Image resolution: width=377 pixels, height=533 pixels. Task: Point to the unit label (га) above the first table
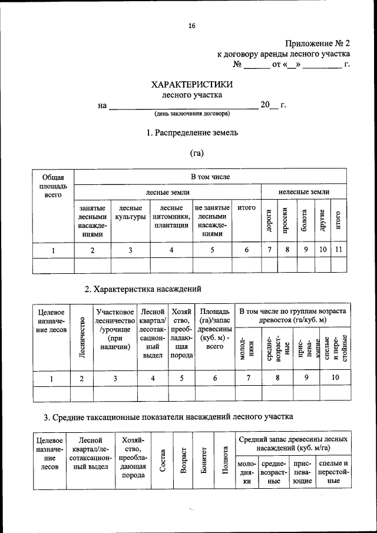(196, 153)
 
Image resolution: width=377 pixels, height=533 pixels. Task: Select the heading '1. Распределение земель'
(192, 133)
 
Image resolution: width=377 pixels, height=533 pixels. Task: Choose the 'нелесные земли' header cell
(303, 192)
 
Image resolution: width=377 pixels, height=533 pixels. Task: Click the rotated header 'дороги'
(268, 220)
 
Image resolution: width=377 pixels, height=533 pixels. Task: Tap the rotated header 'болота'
(305, 220)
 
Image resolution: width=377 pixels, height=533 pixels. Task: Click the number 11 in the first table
(338, 250)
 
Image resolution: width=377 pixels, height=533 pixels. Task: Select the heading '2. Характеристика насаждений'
(143, 289)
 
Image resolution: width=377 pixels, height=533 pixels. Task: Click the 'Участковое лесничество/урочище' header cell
(115, 328)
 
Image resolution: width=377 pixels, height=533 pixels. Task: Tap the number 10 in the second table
(335, 378)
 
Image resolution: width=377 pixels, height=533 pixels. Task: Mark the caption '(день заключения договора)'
(192, 113)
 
